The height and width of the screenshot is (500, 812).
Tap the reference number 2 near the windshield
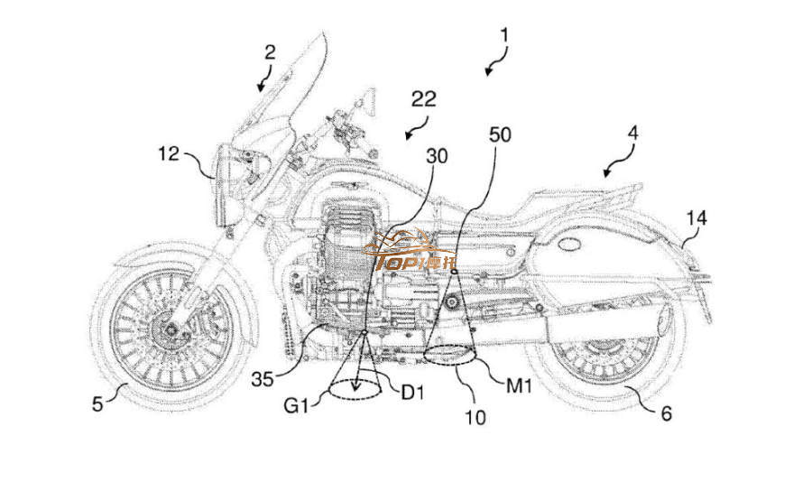click(269, 52)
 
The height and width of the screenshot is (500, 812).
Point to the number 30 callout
click(437, 154)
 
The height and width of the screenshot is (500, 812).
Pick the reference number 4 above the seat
click(633, 132)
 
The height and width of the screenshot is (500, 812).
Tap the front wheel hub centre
click(169, 329)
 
